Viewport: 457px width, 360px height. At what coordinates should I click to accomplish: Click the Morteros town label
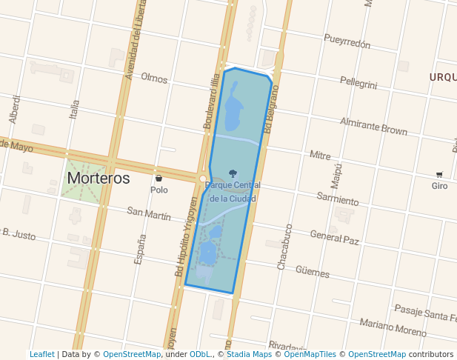pyautogui.click(x=98, y=179)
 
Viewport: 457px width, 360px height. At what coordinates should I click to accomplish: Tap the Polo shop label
pyautogui.click(x=159, y=190)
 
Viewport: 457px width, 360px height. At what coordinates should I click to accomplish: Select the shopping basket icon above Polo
pyautogui.click(x=159, y=179)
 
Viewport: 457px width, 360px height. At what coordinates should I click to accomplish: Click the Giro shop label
pyautogui.click(x=439, y=186)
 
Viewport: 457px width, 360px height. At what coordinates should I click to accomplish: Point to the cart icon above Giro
pyautogui.click(x=439, y=175)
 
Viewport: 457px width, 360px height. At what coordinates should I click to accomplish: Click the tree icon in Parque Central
pyautogui.click(x=233, y=173)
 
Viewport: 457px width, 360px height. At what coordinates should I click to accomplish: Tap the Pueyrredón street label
pyautogui.click(x=347, y=41)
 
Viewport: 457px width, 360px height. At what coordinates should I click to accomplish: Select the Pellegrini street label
pyautogui.click(x=358, y=82)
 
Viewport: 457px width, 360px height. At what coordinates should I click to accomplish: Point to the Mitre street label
pyautogui.click(x=320, y=156)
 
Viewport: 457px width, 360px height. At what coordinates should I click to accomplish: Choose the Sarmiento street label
pyautogui.click(x=337, y=198)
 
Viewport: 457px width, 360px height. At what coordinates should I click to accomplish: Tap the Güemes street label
pyautogui.click(x=312, y=271)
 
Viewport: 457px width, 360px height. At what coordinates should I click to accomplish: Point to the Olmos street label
pyautogui.click(x=154, y=78)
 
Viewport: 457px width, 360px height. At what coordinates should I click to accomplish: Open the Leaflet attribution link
pyautogui.click(x=41, y=355)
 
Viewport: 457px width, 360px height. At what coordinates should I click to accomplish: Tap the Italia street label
pyautogui.click(x=74, y=110)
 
